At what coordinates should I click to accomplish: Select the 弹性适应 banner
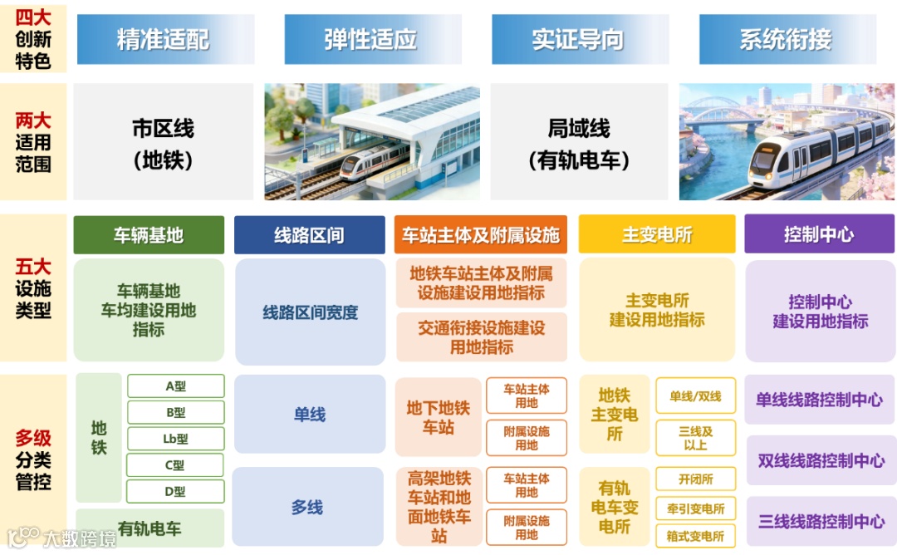pos(371,39)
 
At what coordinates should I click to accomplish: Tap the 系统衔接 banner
pos(786,39)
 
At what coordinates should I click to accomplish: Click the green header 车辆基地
pos(149,235)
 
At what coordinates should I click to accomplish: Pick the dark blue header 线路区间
pos(309,235)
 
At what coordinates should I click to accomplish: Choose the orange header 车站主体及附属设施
pos(481,235)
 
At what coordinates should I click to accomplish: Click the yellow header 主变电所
pos(656,235)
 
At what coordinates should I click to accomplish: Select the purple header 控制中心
pos(819,235)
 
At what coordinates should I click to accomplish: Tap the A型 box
pos(175,386)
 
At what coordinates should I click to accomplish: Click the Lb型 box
pos(175,439)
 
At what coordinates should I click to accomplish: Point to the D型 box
pos(175,491)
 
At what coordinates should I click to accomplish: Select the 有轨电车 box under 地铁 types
pos(149,528)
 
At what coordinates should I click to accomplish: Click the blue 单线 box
pos(310,414)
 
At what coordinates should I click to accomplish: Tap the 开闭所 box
pos(695,479)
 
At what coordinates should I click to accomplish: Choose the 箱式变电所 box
pos(695,536)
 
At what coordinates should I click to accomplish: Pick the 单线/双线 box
pos(695,397)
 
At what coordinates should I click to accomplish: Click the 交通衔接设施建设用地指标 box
pos(482,337)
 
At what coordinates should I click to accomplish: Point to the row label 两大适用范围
pos(33,142)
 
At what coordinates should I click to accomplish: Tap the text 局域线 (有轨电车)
pos(579,144)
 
